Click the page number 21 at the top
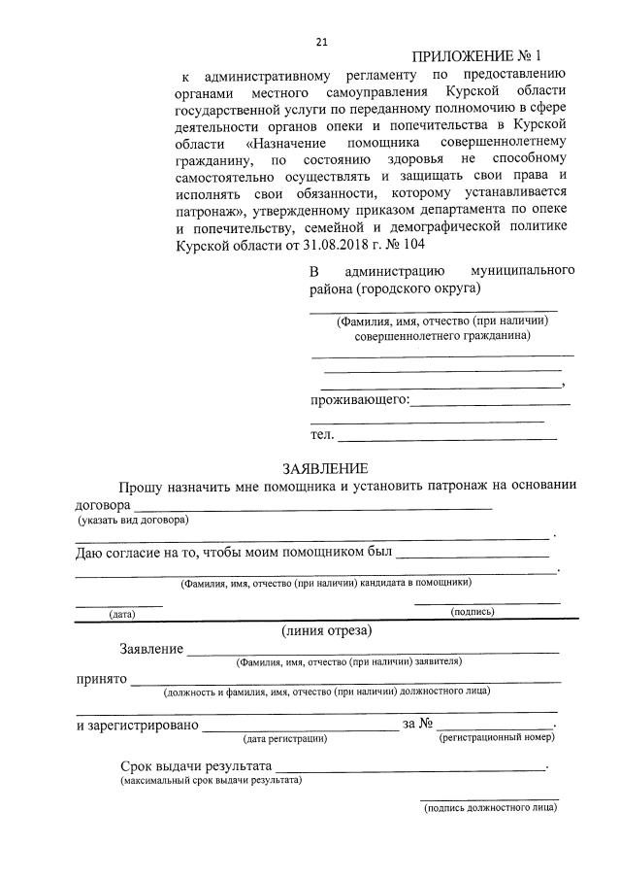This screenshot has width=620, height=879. click(322, 41)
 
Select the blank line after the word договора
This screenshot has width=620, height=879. click(312, 507)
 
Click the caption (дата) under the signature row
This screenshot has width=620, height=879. click(121, 614)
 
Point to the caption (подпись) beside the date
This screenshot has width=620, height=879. click(473, 612)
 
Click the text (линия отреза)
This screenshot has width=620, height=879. click(326, 630)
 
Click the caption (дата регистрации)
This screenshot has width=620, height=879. click(284, 739)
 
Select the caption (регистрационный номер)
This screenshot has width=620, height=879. click(497, 738)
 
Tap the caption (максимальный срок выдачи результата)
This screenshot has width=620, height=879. click(211, 780)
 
